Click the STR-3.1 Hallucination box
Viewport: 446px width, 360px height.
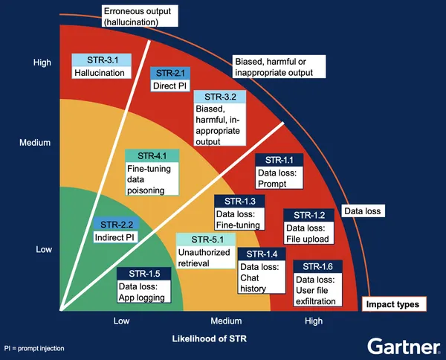coord(103,66)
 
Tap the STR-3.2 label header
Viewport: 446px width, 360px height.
coord(219,97)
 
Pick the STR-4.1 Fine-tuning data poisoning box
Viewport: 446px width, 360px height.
coord(152,173)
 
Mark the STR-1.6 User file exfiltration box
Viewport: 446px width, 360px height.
coord(318,284)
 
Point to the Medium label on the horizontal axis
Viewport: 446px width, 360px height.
coord(226,321)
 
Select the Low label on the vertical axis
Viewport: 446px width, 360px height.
coord(43,250)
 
